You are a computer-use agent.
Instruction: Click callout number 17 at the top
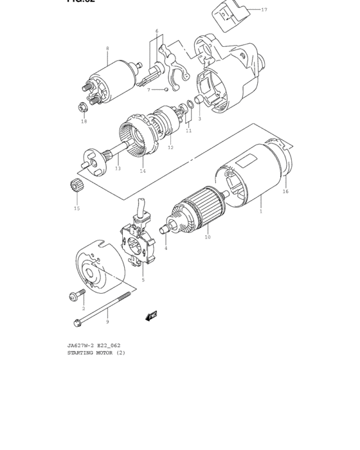tap(264, 10)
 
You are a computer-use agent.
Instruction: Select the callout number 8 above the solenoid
tap(107, 48)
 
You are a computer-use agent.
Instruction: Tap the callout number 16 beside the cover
tap(285, 191)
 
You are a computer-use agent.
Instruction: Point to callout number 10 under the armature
tap(207, 237)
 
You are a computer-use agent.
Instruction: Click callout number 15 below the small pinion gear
tap(76, 208)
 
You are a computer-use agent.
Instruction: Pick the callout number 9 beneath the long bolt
tap(107, 321)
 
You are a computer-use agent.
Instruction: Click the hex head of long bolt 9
tap(78, 323)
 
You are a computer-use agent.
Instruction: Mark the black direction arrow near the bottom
tap(152, 316)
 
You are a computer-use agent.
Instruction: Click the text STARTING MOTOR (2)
tap(96, 352)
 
